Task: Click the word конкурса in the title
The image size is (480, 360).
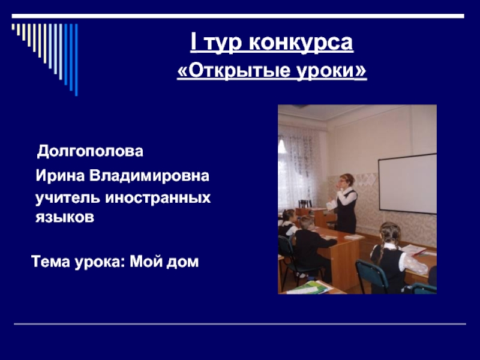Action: [301, 43]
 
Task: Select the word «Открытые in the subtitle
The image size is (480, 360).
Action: [233, 71]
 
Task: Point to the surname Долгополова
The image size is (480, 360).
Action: [90, 151]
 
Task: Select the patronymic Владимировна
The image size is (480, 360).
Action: [149, 176]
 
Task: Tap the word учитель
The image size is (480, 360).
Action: [68, 198]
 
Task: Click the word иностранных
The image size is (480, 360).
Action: [158, 198]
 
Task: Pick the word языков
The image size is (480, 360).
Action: [65, 217]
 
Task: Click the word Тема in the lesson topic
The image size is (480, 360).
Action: [51, 262]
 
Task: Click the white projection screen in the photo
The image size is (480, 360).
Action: [408, 184]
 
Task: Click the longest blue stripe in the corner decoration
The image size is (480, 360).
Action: [76, 59]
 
